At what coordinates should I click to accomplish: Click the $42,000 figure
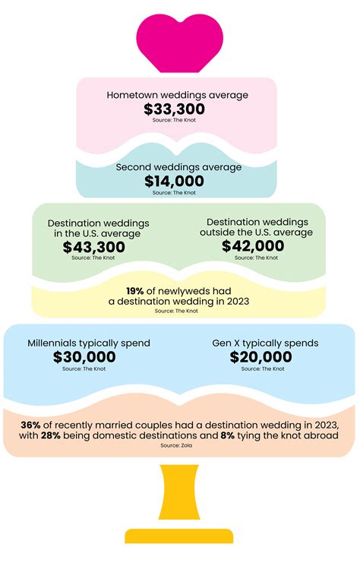pos(253,246)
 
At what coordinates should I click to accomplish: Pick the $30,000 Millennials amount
pos(84,357)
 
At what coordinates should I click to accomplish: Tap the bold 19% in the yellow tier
pos(135,290)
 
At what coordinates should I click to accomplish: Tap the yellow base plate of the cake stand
pos(179,536)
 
